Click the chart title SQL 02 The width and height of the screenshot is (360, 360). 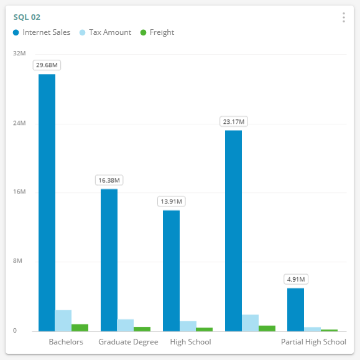[x=27, y=17]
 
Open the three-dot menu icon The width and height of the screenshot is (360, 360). [x=343, y=17]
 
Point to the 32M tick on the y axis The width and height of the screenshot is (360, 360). [x=19, y=54]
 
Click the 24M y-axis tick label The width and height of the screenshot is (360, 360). [x=19, y=123]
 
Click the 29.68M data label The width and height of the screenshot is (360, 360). [x=47, y=65]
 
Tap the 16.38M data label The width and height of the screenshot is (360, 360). [x=109, y=180]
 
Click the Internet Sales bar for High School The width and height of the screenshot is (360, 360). [x=171, y=270]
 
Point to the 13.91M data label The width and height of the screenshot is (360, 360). [x=171, y=201]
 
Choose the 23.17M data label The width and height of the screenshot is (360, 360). [x=233, y=121]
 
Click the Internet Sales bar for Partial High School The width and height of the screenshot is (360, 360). [x=295, y=309]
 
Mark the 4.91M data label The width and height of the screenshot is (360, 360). [x=295, y=279]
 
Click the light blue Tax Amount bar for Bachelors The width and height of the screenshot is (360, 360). [x=63, y=320]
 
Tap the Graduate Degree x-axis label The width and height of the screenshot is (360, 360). [x=128, y=342]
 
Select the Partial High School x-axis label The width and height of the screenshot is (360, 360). [x=313, y=342]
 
